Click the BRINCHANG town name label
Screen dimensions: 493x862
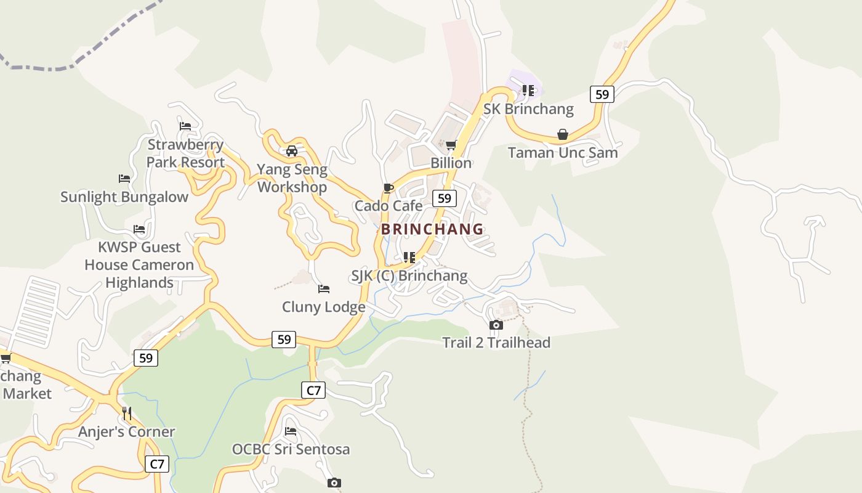point(432,229)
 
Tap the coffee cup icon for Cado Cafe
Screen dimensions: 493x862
point(388,188)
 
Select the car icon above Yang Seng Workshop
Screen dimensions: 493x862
point(292,150)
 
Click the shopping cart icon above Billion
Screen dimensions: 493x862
point(451,145)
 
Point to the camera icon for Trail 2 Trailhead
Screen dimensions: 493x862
point(496,325)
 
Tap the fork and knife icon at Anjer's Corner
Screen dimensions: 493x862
point(127,413)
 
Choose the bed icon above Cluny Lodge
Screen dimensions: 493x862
point(323,289)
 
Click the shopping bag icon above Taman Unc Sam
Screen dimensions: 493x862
point(562,134)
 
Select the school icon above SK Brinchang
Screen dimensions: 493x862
point(528,91)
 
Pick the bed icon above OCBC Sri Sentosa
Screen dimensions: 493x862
point(291,431)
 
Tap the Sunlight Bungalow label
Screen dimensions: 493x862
point(124,197)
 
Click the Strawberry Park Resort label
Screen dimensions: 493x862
point(185,154)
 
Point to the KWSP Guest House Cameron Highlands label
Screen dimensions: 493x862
point(139,265)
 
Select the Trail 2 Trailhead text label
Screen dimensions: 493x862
point(496,343)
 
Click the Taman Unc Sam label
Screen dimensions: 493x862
point(562,153)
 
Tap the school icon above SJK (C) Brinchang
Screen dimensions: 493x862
point(409,257)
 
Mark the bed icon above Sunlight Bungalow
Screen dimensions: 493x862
point(124,179)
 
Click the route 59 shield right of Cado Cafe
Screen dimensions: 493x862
point(444,198)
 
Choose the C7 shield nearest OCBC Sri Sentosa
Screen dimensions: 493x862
point(313,390)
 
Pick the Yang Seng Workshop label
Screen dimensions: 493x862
point(292,178)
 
